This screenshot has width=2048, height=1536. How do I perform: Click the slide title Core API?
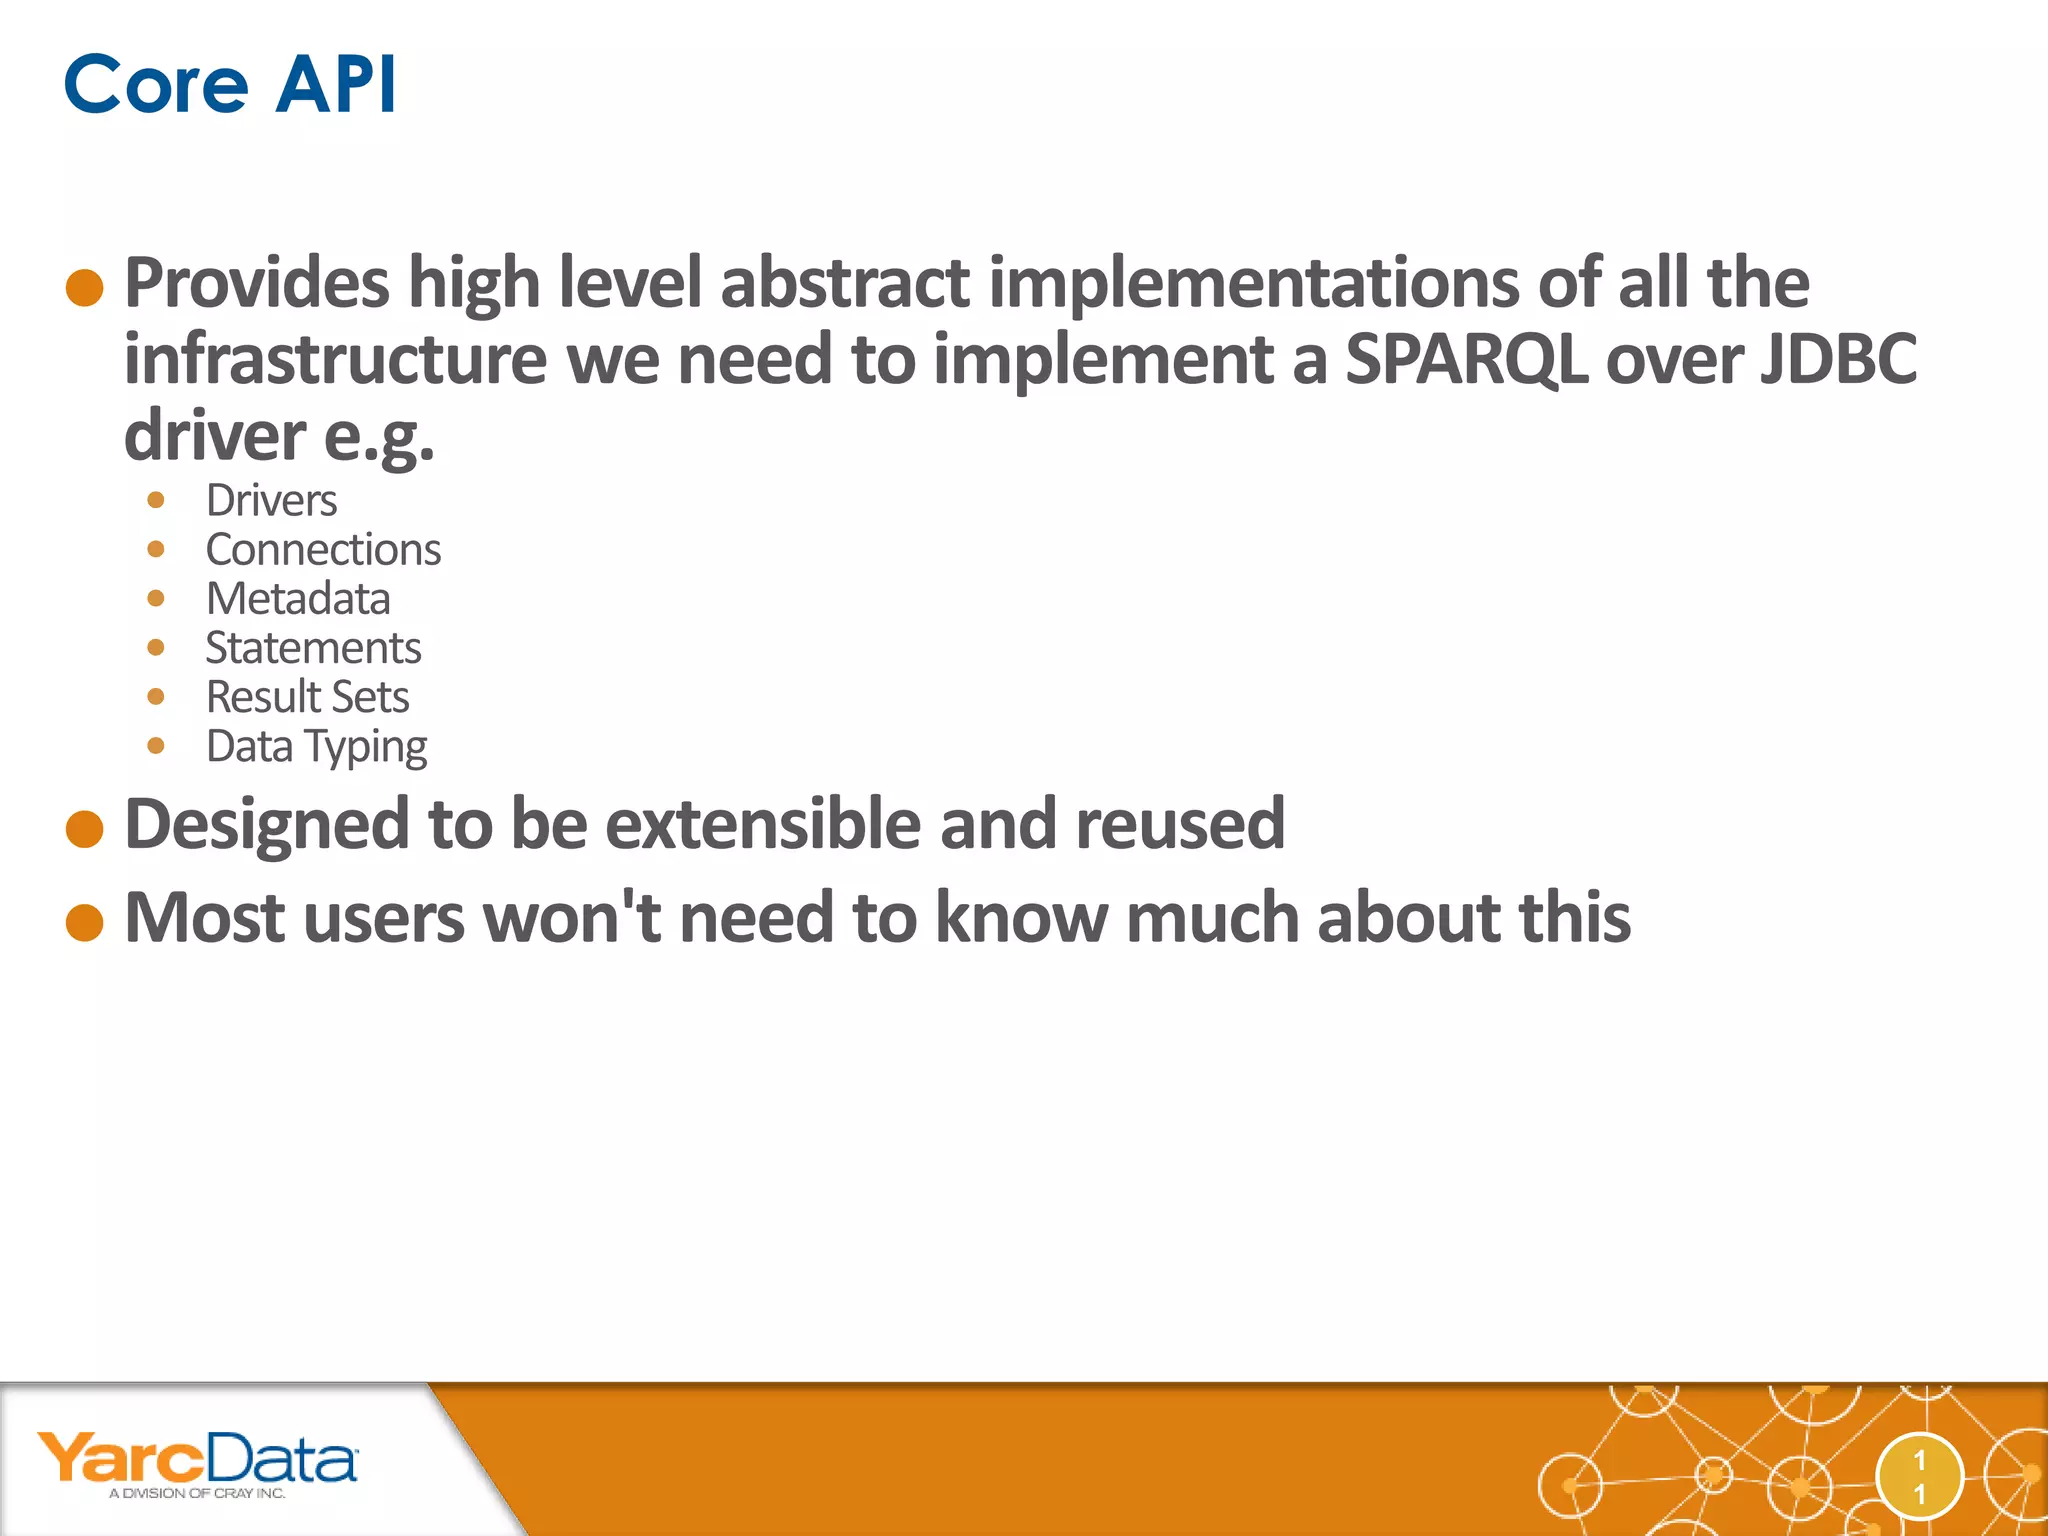pos(230,84)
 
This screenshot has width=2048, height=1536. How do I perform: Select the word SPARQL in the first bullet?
pos(1466,359)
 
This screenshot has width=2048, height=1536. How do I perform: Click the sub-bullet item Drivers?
pos(271,500)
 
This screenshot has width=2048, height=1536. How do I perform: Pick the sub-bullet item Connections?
pos(323,549)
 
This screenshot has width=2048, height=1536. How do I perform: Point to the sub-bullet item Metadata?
pos(298,598)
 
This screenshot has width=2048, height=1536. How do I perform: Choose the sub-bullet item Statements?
pos(313,647)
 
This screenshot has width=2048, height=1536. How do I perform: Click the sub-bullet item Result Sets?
pos(307,696)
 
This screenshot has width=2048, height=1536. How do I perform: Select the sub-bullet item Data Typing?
pos(316,746)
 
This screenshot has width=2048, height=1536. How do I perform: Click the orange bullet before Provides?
pos(85,288)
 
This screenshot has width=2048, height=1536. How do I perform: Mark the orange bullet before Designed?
pos(85,829)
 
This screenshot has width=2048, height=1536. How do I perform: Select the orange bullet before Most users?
pos(85,922)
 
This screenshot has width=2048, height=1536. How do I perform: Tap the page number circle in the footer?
pos(1919,1476)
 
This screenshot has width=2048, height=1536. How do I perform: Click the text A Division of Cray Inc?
pos(197,1493)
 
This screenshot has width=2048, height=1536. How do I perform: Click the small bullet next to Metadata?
pos(156,598)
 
